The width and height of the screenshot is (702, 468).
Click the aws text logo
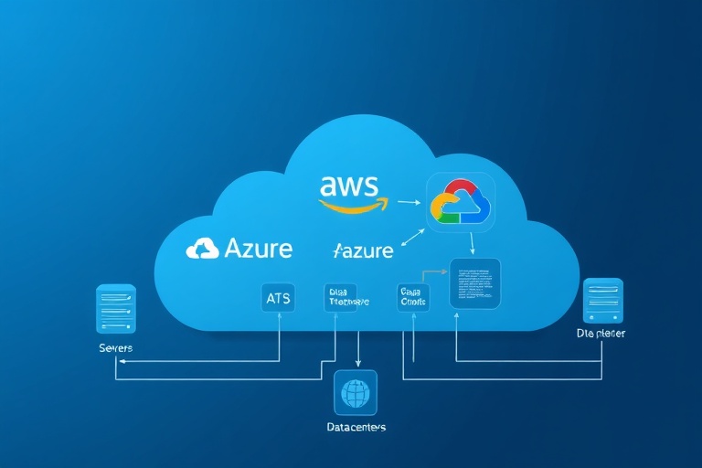click(348, 186)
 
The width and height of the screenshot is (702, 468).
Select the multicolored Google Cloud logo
click(460, 203)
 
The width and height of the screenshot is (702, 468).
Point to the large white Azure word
click(258, 248)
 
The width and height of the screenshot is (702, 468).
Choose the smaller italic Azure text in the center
click(363, 250)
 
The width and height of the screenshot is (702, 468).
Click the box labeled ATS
click(278, 297)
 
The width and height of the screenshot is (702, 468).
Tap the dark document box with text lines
click(474, 282)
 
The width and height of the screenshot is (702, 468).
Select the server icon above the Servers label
click(116, 309)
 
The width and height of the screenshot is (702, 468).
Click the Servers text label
click(115, 348)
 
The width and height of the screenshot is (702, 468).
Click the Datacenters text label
click(356, 427)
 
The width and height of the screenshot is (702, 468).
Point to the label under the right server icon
click(601, 335)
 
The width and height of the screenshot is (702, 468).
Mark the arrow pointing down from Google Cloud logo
click(471, 243)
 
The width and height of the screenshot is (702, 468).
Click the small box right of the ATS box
click(340, 297)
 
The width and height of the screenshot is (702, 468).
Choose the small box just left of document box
click(413, 297)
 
